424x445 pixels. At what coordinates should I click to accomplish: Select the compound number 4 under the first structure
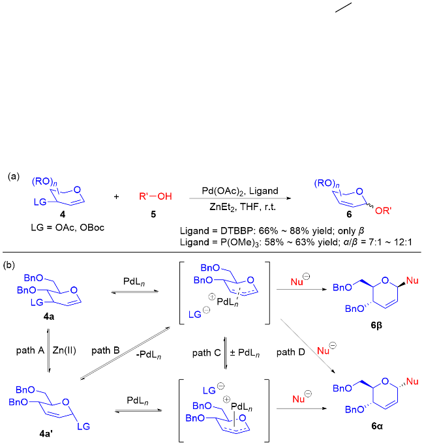click(x=61, y=213)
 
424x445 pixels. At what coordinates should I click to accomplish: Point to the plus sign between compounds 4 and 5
click(x=117, y=196)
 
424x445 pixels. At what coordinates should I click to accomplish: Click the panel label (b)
click(x=10, y=265)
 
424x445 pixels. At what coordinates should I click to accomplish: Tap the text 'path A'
click(x=29, y=350)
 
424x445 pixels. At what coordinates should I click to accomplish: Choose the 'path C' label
click(x=205, y=352)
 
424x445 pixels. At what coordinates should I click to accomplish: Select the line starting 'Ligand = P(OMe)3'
click(x=299, y=242)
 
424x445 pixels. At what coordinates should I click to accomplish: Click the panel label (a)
click(x=14, y=177)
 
